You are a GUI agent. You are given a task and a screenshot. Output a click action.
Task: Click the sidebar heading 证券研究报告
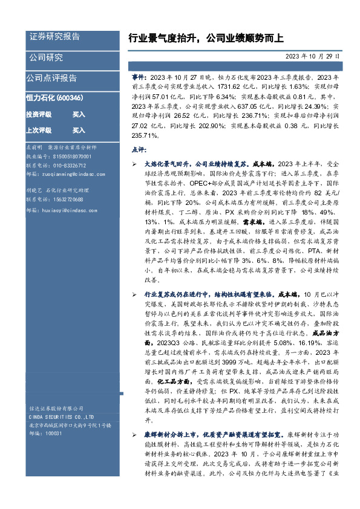click(54, 36)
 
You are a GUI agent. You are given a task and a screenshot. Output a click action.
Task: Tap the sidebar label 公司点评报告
click(51, 78)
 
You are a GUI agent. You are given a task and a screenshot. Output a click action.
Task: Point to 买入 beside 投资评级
click(79, 114)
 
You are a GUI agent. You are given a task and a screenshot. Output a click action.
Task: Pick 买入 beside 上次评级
click(79, 130)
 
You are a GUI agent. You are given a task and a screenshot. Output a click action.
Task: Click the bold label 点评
click(139, 149)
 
